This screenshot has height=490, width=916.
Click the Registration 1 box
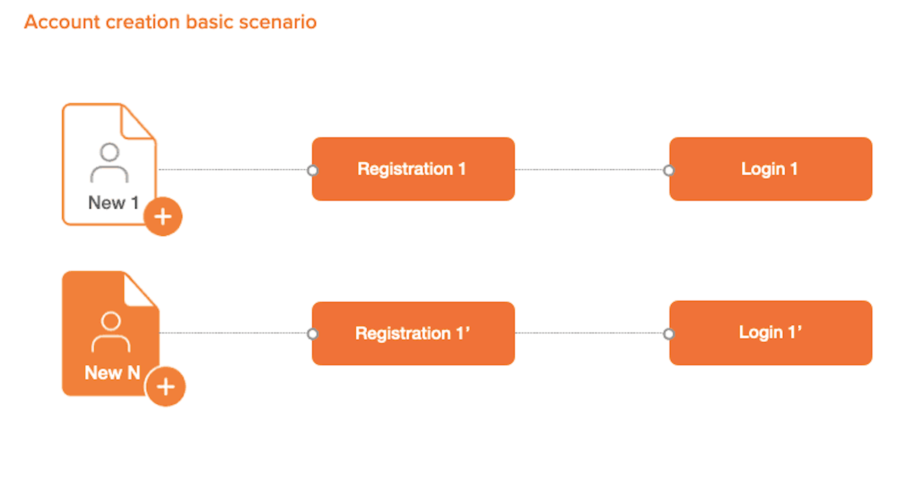click(413, 169)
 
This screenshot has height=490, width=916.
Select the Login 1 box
click(770, 169)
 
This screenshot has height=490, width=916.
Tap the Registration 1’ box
click(413, 333)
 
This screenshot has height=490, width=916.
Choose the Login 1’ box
click(770, 333)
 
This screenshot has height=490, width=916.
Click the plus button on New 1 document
click(163, 216)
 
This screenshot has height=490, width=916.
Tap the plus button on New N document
click(166, 386)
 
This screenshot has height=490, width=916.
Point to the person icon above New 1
click(109, 163)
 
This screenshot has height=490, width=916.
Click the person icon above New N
click(111, 332)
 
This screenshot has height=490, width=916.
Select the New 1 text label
click(113, 203)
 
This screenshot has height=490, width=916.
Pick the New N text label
click(112, 373)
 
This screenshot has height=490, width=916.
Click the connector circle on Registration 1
click(312, 171)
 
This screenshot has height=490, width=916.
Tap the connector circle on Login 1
click(669, 171)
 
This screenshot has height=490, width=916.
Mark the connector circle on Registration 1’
click(312, 334)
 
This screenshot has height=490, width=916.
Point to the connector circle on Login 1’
click(669, 334)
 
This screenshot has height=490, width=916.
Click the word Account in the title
click(62, 22)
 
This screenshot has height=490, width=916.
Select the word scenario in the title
click(278, 22)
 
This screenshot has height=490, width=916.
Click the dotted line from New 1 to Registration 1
click(233, 170)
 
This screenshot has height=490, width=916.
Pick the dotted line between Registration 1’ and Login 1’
click(589, 333)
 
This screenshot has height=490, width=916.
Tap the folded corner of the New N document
click(139, 291)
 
